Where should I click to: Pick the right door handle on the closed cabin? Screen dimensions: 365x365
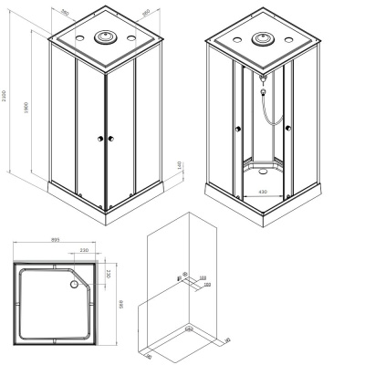[110, 138]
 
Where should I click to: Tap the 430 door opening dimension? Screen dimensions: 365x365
[262, 192]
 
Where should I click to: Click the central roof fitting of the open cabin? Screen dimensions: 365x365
[262, 41]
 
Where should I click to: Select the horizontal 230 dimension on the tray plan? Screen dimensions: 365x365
[83, 251]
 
